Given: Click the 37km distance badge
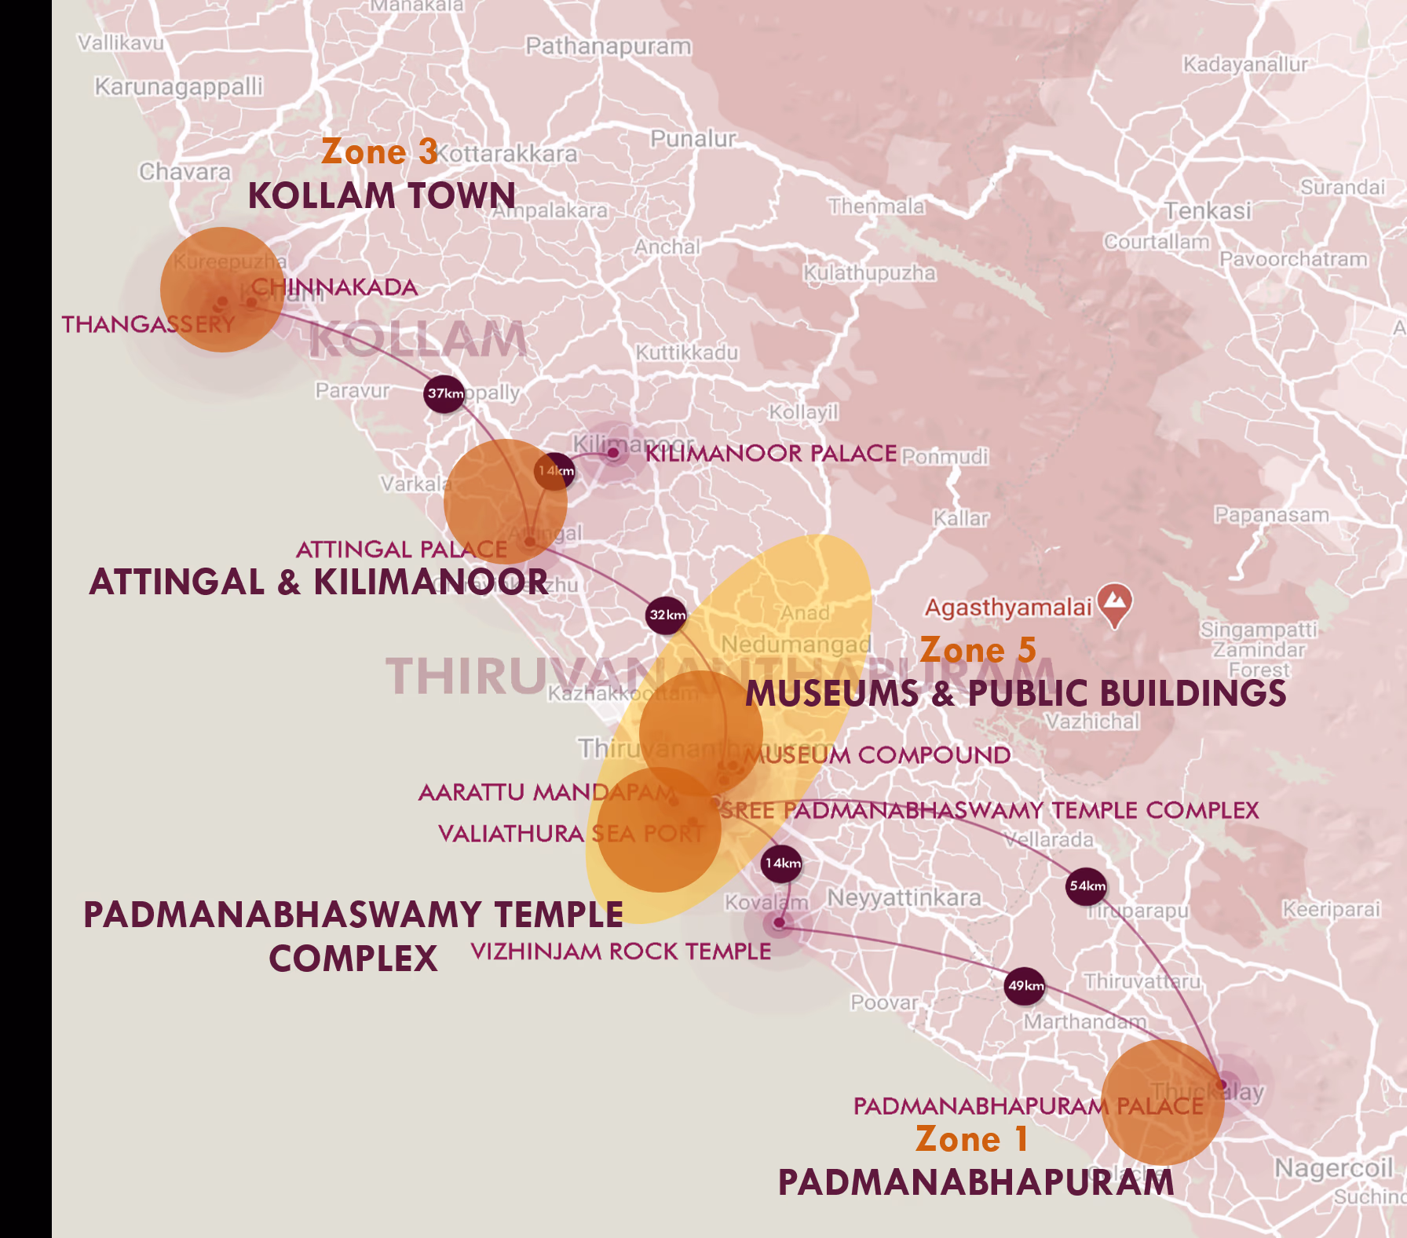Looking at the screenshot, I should pyautogui.click(x=444, y=393).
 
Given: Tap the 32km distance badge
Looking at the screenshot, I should pyautogui.click(x=667, y=615).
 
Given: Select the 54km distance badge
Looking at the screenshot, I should pyautogui.click(x=1087, y=886).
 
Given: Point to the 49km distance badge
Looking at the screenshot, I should pyautogui.click(x=1025, y=986).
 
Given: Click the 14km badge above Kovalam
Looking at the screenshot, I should pyautogui.click(x=782, y=864).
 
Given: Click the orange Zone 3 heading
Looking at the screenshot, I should pyautogui.click(x=379, y=152).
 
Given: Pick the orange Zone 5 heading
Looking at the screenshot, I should pyautogui.click(x=978, y=650).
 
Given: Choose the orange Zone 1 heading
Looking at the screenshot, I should pyautogui.click(x=971, y=1139).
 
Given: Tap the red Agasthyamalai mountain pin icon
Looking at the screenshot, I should pyautogui.click(x=1115, y=604).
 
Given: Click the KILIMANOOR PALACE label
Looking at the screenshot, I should pyautogui.click(x=770, y=453).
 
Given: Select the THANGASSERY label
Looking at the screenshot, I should pyautogui.click(x=148, y=324).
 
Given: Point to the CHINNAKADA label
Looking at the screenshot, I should pyautogui.click(x=334, y=287).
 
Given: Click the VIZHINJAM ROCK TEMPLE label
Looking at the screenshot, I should pyautogui.click(x=620, y=951).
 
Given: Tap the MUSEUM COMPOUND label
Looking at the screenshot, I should pyautogui.click(x=878, y=755).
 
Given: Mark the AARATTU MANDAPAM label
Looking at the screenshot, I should pyautogui.click(x=546, y=792).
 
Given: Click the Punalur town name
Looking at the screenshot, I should pyautogui.click(x=693, y=139).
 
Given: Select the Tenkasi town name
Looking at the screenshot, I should pyautogui.click(x=1208, y=210).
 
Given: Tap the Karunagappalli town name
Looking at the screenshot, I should pyautogui.click(x=179, y=86).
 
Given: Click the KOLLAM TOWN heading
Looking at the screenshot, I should pyautogui.click(x=382, y=195).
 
